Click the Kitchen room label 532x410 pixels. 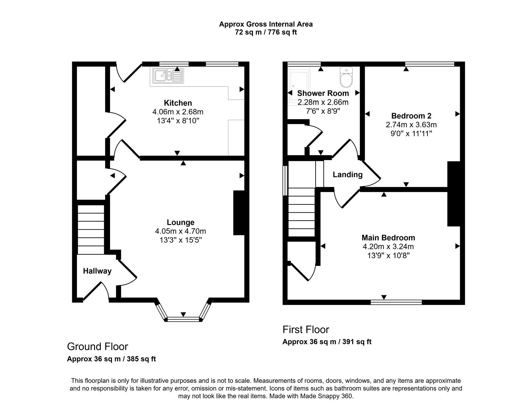click(178, 103)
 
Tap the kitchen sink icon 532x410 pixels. click(168, 76)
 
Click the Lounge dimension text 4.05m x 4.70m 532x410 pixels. click(181, 231)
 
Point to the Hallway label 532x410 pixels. click(97, 271)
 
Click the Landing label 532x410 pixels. click(347, 174)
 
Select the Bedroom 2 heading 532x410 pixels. click(411, 116)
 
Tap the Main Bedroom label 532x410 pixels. click(388, 238)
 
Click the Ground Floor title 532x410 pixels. click(97, 346)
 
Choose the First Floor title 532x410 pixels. click(306, 329)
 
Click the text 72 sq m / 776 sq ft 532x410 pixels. click(266, 32)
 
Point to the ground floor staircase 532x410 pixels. click(91, 230)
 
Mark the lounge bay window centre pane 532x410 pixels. click(183, 319)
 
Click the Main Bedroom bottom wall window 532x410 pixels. click(396, 302)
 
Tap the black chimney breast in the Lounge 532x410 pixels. click(239, 213)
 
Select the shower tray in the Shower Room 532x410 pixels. click(298, 87)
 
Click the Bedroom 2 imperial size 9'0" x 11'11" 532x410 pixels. click(411, 134)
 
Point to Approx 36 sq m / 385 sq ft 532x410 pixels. click(111, 359)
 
